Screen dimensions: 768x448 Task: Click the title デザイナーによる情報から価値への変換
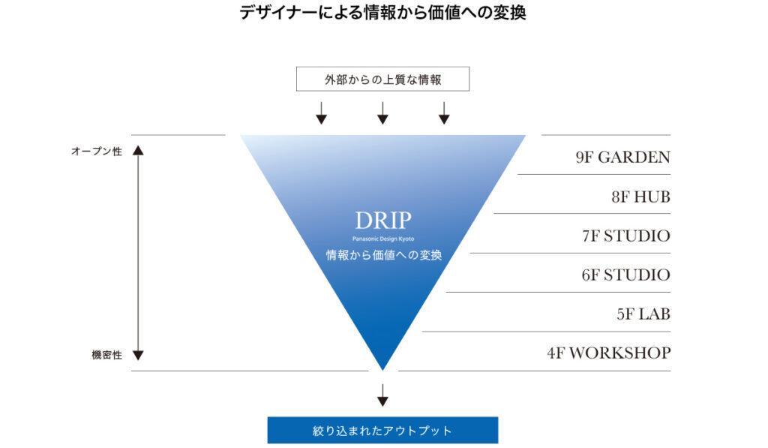coord(382,13)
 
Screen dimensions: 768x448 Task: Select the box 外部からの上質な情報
coord(382,79)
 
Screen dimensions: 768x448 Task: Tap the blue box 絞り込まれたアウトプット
coord(382,430)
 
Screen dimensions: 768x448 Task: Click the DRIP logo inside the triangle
coord(383,221)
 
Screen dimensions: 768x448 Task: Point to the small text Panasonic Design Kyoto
coord(383,239)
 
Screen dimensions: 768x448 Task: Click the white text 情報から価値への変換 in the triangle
coord(384,255)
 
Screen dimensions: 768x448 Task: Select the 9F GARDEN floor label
coord(623,158)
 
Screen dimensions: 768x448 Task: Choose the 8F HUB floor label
coord(640,197)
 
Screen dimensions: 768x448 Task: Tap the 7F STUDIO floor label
coord(626,236)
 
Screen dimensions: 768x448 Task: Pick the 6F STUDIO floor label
coord(626,275)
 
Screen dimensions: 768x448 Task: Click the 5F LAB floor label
coord(643,314)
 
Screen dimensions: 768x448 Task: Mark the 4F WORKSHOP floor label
coord(609,353)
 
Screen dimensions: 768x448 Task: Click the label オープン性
coord(97,152)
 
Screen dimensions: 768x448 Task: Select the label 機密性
coord(106,355)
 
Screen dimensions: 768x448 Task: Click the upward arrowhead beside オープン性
coord(138,150)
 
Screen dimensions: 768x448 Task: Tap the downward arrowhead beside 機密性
coord(138,356)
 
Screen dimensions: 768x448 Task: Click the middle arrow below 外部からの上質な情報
coord(382,113)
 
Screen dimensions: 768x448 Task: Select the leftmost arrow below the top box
coord(321,113)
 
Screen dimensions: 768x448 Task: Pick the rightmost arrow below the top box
coord(444,113)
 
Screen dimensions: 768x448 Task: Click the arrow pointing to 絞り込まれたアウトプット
coord(382,395)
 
